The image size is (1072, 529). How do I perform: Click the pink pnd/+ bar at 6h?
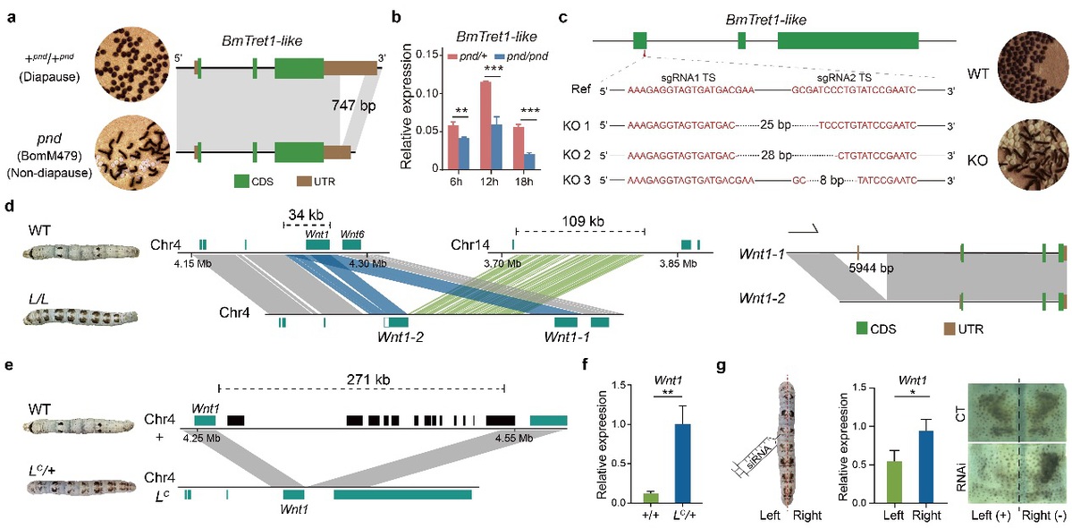[452, 146]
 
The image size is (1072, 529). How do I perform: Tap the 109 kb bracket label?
[578, 220]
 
